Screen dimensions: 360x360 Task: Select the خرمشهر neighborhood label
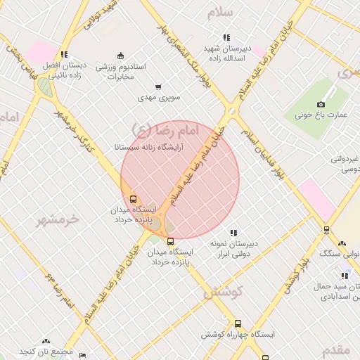coord(59,220)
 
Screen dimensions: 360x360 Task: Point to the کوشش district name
coord(224,292)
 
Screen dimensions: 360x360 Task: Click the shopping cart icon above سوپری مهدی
coord(158,87)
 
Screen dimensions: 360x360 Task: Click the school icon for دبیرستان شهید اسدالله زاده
coord(226,37)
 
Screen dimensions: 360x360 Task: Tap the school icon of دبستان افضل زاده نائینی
coord(64,54)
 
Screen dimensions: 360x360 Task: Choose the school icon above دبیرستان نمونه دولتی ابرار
coord(233,233)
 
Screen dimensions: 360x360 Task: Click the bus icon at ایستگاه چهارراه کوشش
coord(238,324)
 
